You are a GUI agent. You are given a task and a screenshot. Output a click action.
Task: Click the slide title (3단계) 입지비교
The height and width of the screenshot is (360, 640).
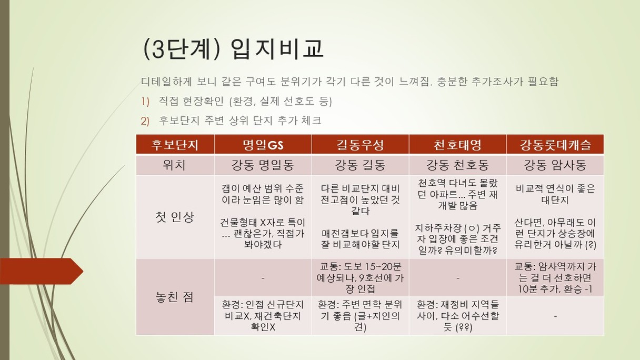(x=233, y=49)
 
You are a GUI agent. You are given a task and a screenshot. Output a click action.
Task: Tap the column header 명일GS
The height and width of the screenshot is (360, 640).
(x=263, y=145)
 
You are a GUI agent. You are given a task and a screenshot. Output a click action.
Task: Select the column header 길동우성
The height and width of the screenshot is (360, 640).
(x=360, y=145)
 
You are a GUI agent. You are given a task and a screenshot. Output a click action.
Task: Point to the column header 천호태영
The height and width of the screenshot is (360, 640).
(x=457, y=145)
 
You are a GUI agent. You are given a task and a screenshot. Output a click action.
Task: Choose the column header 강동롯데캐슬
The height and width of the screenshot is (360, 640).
(x=555, y=145)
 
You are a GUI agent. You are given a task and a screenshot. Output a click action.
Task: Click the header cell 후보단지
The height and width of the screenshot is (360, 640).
(x=175, y=145)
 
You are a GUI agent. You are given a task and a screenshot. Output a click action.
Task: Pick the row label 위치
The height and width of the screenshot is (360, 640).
(x=174, y=165)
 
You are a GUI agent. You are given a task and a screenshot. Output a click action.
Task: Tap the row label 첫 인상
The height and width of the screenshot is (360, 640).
(x=175, y=217)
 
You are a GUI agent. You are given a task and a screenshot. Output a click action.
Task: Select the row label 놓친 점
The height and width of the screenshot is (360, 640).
(x=175, y=297)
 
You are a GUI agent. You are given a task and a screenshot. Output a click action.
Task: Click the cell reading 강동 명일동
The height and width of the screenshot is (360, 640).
(x=263, y=165)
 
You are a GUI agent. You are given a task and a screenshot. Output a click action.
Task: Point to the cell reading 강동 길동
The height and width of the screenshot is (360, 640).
(x=360, y=165)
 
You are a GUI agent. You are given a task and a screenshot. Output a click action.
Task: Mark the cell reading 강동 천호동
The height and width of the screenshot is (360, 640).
(x=457, y=165)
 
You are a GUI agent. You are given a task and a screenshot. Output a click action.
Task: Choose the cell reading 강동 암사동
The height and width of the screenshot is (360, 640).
(x=555, y=165)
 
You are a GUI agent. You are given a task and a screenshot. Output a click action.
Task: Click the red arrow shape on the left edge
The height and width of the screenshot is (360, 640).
(x=42, y=271)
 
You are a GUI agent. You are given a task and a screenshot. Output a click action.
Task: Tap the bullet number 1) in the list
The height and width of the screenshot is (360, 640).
(x=145, y=102)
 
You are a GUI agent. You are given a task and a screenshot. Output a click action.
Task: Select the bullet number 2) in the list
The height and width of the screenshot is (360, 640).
(x=145, y=121)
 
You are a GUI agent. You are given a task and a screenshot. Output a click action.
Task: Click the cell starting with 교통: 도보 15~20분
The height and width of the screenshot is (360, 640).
(x=360, y=278)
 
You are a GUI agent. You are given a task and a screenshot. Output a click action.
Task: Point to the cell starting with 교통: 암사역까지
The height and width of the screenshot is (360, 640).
(x=555, y=278)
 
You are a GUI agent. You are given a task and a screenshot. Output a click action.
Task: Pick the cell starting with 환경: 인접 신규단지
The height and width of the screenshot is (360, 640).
(x=263, y=316)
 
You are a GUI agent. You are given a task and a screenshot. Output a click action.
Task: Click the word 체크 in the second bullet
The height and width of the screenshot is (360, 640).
(x=312, y=121)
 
